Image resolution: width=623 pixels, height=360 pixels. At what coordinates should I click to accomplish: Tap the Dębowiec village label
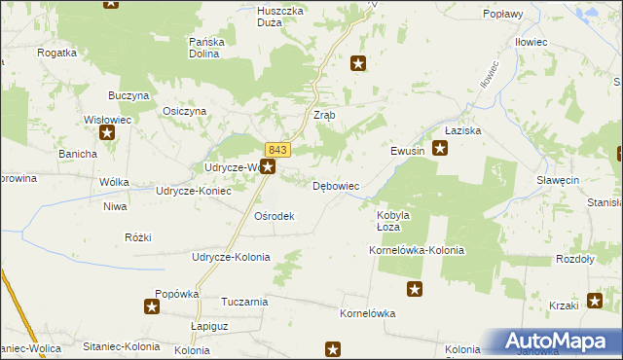tap(337, 185)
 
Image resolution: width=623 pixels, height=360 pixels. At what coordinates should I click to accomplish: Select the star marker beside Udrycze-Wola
tap(268, 167)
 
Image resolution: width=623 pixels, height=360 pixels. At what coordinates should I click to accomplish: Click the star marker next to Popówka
tap(152, 307)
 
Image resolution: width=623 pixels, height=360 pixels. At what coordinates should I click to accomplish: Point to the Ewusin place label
tap(408, 151)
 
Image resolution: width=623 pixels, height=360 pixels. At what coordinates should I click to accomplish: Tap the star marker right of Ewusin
tap(440, 149)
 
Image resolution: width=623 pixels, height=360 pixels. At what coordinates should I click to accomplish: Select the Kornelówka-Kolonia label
tap(417, 250)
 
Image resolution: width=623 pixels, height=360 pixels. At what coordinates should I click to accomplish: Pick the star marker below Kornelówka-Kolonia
tap(415, 288)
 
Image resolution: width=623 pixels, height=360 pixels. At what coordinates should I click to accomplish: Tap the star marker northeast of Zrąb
tap(358, 64)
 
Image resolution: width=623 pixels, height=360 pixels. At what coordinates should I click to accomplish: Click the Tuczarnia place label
tap(244, 302)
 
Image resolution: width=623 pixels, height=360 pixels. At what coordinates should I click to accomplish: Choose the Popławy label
tap(503, 15)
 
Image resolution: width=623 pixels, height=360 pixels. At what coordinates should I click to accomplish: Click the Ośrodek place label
tap(274, 216)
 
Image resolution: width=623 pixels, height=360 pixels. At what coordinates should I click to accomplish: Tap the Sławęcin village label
tap(559, 181)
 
